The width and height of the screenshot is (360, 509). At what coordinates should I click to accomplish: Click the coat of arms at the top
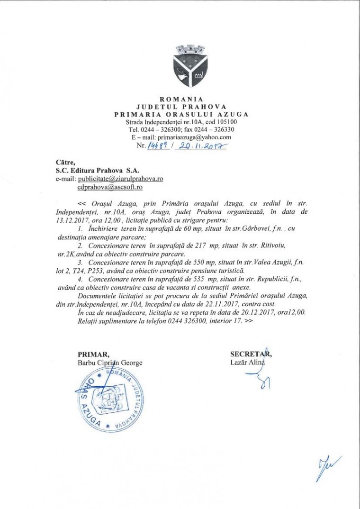coord(182,66)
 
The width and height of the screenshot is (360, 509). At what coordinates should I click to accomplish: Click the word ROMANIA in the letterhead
coord(182,99)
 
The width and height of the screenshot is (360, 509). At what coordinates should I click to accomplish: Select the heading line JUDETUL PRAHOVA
coord(182,107)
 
